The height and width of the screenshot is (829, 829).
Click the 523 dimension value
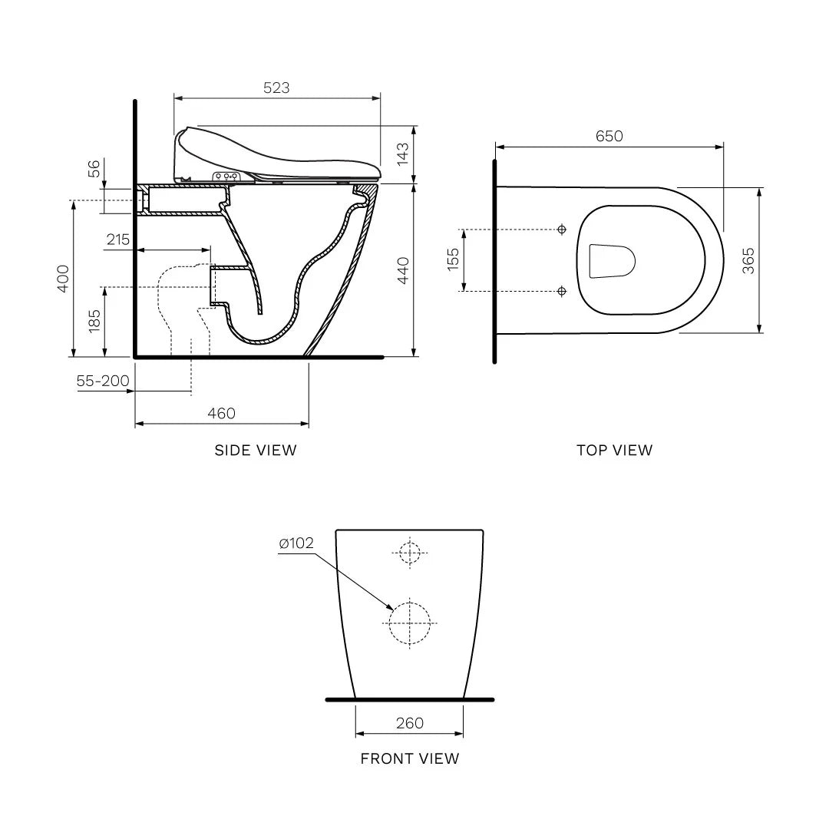276,88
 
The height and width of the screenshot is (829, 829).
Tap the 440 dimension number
401,271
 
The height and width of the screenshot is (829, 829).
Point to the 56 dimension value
94,169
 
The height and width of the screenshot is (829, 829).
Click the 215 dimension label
118,239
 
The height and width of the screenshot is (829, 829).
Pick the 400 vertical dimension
62,278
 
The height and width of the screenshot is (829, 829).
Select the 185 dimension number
94,320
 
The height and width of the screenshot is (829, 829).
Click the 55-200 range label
102,381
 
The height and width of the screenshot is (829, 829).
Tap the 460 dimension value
221,413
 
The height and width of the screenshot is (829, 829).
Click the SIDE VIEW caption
255,451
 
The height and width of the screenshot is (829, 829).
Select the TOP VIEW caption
614,451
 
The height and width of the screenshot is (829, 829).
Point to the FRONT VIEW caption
410,759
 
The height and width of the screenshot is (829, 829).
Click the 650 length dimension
609,136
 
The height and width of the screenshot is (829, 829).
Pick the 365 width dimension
748,260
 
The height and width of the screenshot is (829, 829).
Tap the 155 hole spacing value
453,260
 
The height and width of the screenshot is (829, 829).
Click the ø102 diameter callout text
296,543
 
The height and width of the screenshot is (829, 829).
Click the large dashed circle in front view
411,623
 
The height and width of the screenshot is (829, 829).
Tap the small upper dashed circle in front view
411,552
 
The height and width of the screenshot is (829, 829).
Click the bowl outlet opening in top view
611,261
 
